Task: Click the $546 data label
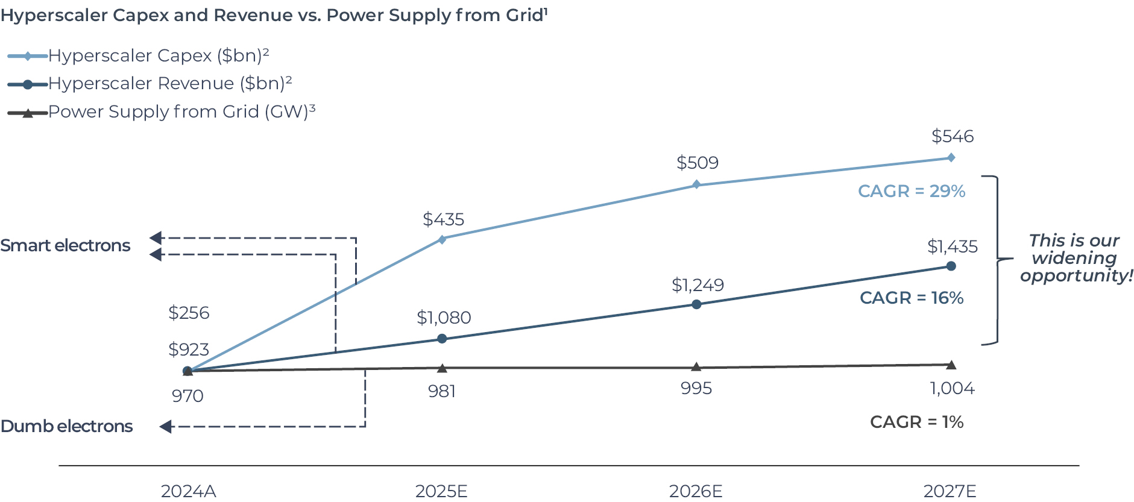click(952, 136)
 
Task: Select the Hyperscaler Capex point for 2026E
click(696, 184)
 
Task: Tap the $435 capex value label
click(443, 219)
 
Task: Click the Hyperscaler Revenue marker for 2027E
click(951, 266)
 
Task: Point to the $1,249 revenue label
click(698, 285)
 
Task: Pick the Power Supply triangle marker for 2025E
click(442, 368)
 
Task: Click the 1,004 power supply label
click(952, 389)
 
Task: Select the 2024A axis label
click(188, 491)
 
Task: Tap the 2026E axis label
click(696, 491)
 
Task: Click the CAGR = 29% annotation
click(911, 191)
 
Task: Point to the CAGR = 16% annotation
click(911, 298)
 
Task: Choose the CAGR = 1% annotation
click(916, 422)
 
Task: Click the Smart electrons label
click(65, 246)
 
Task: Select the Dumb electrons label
click(66, 427)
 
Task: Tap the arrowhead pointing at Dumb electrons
click(166, 427)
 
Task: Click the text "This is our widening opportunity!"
click(1076, 258)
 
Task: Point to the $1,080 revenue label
click(444, 318)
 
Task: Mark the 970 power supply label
click(187, 396)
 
